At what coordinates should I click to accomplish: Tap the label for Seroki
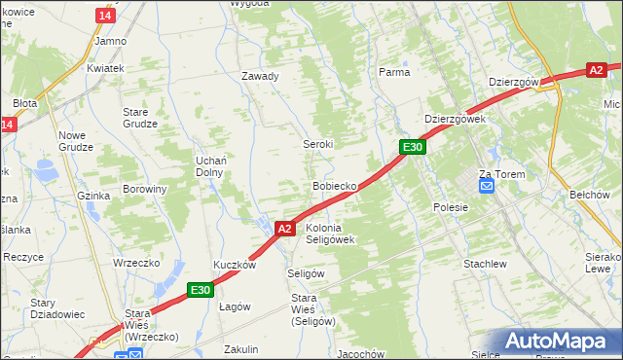pos(317,143)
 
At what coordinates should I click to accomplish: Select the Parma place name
pos(393,72)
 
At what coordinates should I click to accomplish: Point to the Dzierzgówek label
pos(455,119)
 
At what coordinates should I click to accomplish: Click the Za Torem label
pos(501,174)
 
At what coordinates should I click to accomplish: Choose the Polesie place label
pos(451,207)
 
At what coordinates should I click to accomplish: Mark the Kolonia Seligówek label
pos(330,233)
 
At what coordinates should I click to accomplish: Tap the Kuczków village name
pos(235,265)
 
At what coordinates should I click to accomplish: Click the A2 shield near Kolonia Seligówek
pos(284,229)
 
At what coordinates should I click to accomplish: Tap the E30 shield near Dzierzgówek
pos(413,147)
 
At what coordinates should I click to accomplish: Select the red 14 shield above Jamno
pos(105,16)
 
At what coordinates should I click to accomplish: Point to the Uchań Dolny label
pos(210,165)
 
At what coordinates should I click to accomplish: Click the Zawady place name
pos(261,76)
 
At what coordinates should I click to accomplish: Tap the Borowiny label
pos(145,189)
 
